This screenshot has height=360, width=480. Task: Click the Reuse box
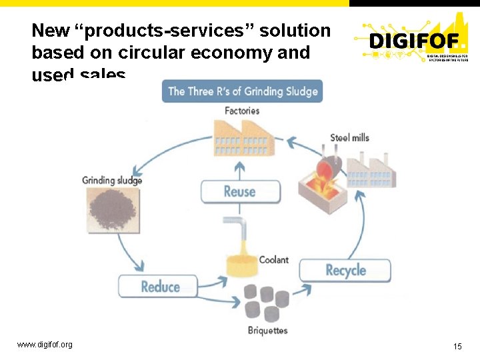pos(240,192)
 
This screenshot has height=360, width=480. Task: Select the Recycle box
pos(345,270)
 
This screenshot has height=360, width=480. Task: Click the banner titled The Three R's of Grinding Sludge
pos(243,91)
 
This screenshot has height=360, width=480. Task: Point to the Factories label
pos(242,111)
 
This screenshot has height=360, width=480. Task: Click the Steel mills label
pos(349,138)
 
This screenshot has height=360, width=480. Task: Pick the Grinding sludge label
pos(112,180)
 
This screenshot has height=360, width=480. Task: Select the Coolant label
pos(273,259)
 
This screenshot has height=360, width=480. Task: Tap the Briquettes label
pos(267,331)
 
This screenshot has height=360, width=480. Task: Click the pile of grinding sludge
pos(111,210)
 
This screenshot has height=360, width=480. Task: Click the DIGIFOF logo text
pos(413,41)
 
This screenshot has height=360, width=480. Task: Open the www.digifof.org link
pos(45,345)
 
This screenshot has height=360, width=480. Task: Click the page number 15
pos(457,346)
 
